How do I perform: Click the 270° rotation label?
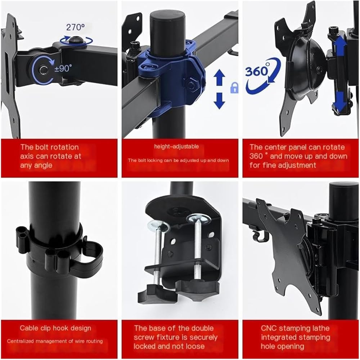75,27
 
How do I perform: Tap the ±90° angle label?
63,68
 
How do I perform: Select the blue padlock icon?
234,88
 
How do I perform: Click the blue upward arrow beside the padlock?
220,77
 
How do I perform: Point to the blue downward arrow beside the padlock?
220,101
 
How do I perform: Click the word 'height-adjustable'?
176,146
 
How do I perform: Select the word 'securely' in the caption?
203,337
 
